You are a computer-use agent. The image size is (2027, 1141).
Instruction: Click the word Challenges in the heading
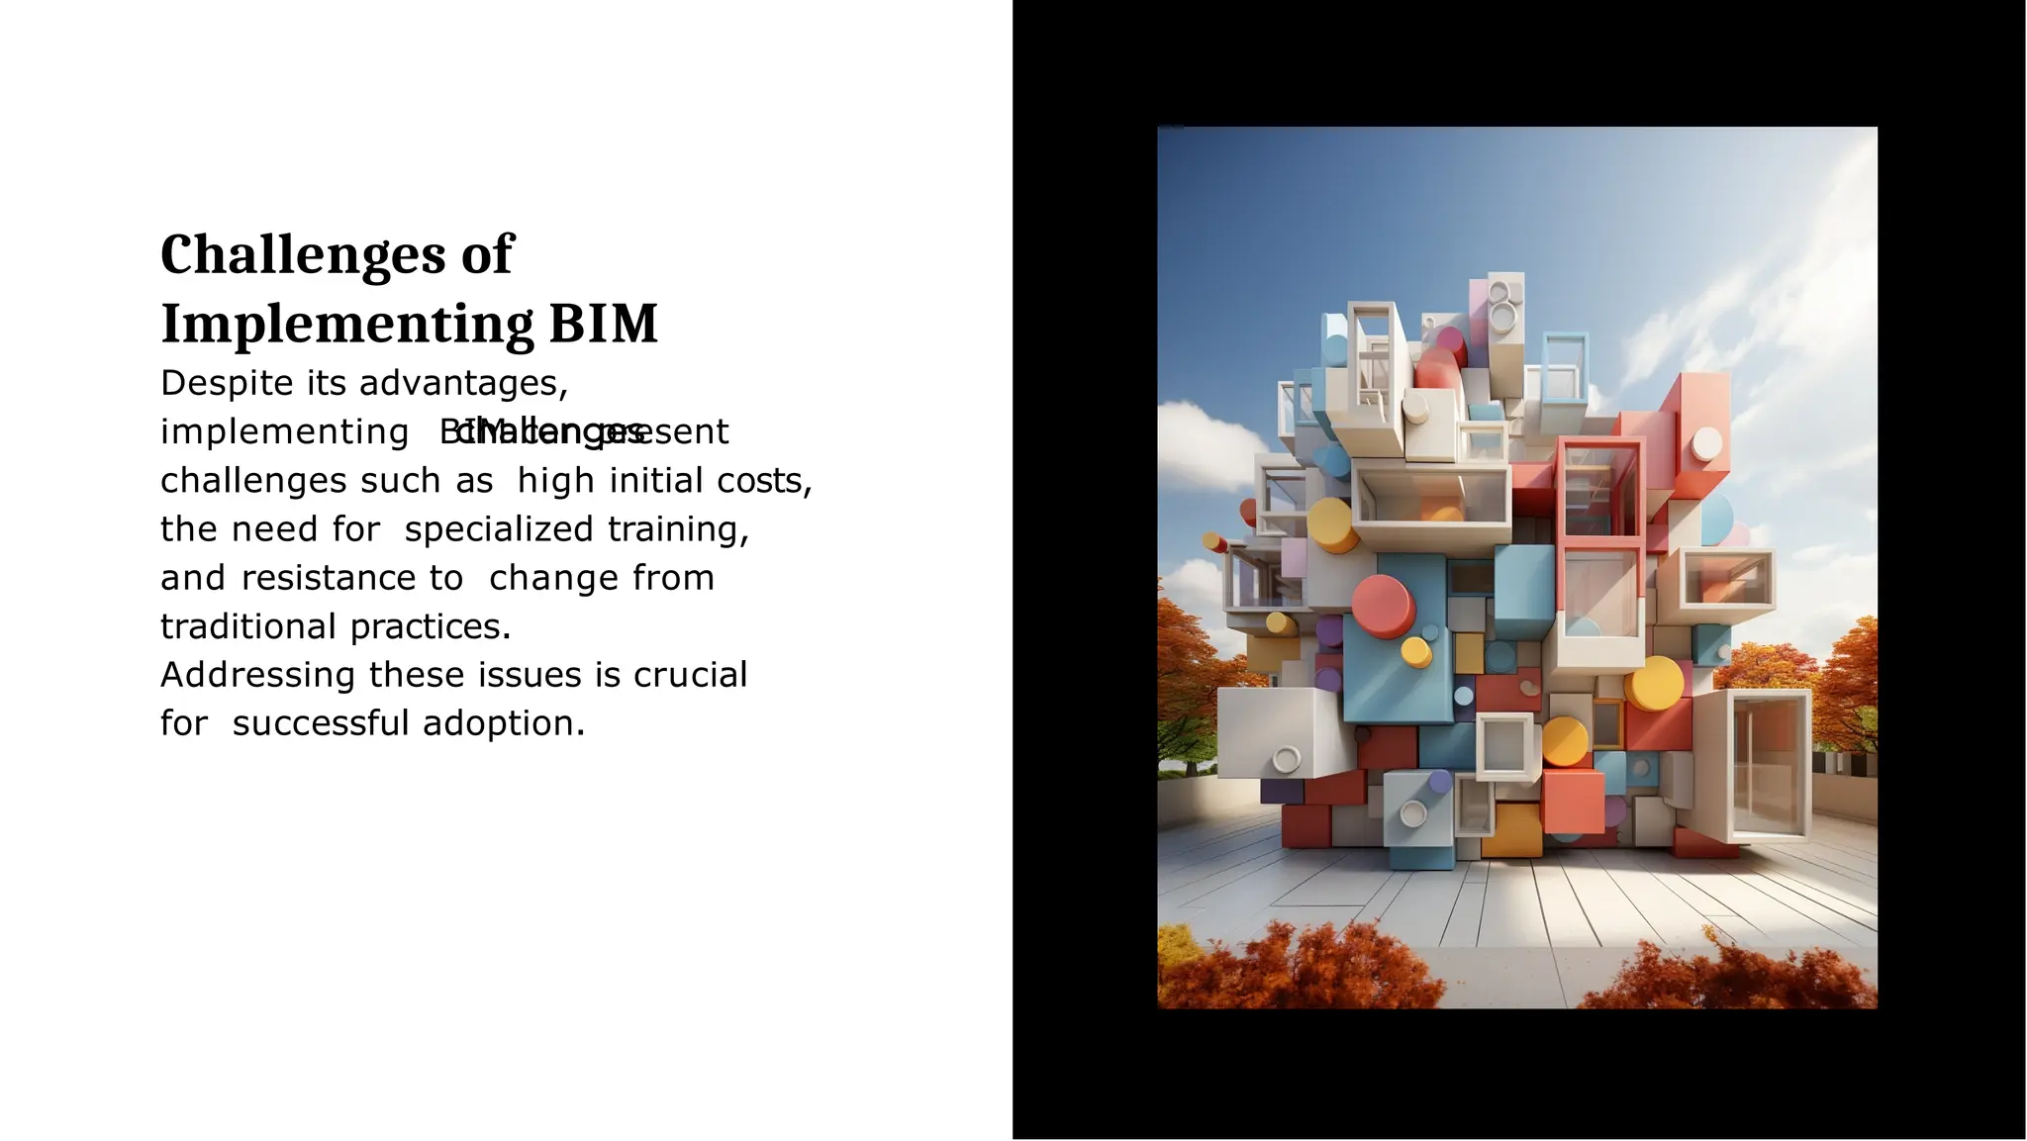303,255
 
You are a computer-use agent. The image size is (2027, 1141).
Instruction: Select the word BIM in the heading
603,324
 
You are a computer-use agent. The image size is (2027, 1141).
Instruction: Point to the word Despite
227,384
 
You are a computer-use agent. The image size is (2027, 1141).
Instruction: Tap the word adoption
504,723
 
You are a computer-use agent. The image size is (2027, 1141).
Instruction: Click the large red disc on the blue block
1383,605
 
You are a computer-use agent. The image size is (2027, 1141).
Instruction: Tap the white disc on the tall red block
1706,443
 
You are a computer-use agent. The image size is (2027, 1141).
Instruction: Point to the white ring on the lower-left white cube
1286,759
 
